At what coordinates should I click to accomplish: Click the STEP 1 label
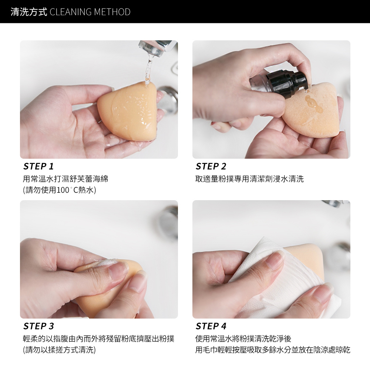click(x=38, y=166)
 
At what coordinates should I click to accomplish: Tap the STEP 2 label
click(x=211, y=166)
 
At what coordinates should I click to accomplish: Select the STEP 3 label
click(x=38, y=326)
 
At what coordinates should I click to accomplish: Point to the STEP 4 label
click(x=211, y=326)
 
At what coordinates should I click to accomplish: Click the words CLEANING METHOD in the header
click(x=90, y=12)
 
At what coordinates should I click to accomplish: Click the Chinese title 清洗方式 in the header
click(x=28, y=12)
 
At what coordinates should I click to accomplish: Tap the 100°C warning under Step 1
click(x=60, y=191)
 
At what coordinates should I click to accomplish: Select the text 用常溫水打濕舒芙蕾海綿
click(x=65, y=179)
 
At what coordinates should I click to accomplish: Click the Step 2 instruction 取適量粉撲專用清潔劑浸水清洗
click(x=249, y=179)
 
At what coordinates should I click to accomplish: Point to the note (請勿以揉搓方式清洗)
click(x=59, y=350)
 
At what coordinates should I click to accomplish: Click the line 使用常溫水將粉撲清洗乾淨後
click(x=243, y=339)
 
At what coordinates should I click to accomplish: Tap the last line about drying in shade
click(x=273, y=350)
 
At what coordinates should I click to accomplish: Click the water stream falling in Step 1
click(x=149, y=68)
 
